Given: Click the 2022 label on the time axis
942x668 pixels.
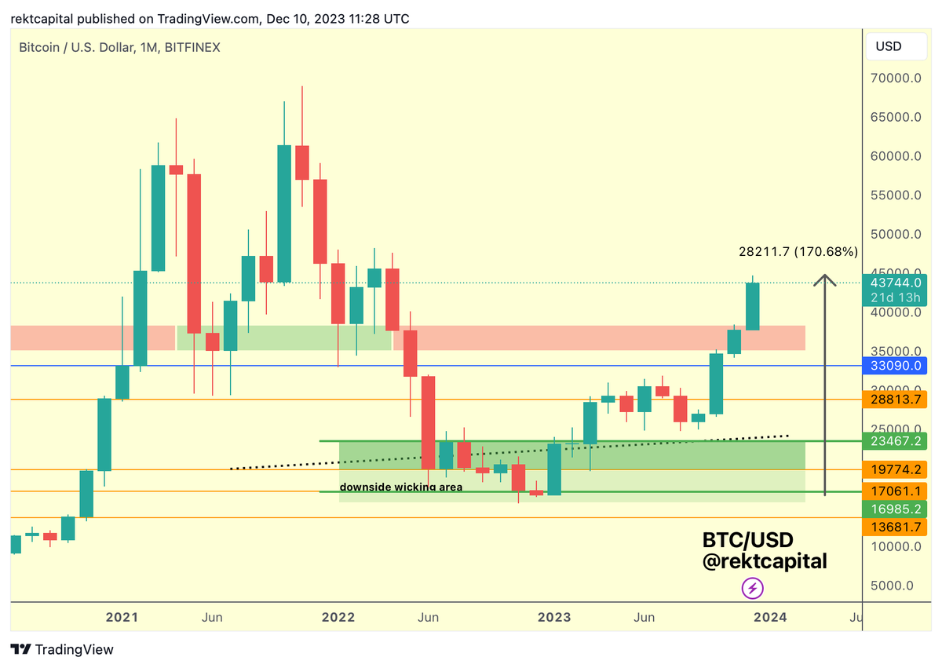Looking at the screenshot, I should click(x=338, y=618).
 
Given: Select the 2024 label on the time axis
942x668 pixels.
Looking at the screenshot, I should click(x=771, y=618).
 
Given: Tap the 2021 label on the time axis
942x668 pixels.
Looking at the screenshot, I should click(x=122, y=618).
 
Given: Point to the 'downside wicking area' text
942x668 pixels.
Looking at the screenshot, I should click(x=401, y=487).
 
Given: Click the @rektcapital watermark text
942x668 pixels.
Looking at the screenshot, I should click(x=764, y=561).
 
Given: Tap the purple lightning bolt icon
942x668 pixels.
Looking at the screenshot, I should click(x=753, y=587).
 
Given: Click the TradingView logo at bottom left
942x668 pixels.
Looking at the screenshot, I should click(x=62, y=650).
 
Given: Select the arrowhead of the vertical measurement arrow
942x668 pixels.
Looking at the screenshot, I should click(x=824, y=279).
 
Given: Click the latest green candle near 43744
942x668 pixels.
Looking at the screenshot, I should click(x=752, y=306).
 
